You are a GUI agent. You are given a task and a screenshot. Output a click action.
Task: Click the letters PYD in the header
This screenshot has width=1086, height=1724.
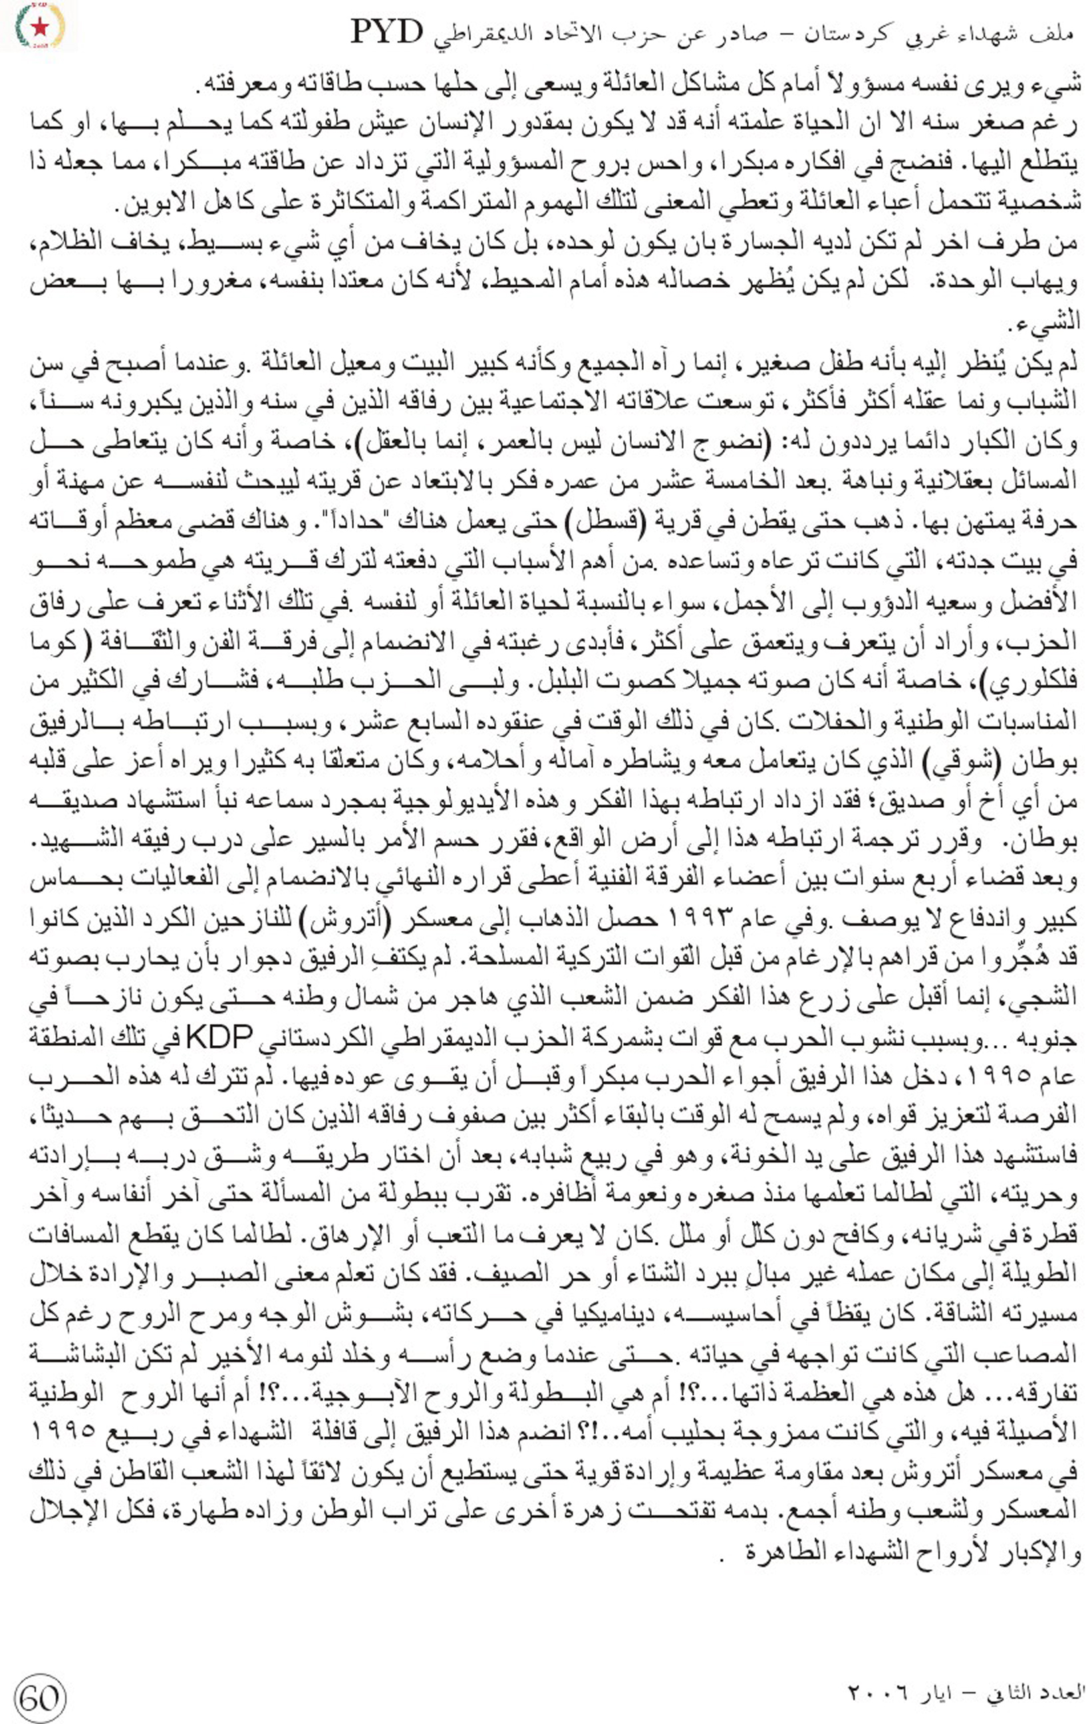388,32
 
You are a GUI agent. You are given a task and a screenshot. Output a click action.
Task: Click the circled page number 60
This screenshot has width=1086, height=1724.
39,1697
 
